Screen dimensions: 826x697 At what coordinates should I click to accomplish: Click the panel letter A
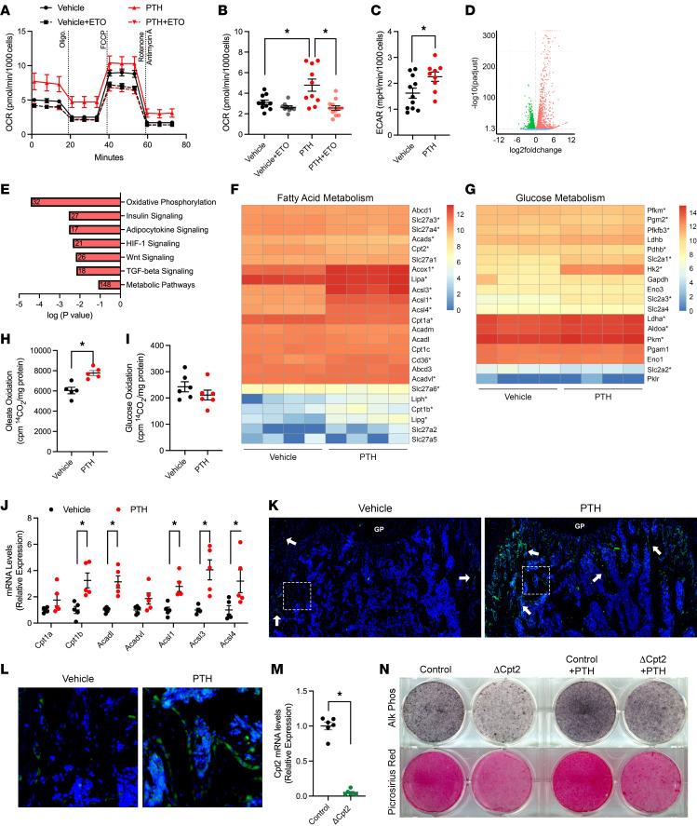coord(7,9)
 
